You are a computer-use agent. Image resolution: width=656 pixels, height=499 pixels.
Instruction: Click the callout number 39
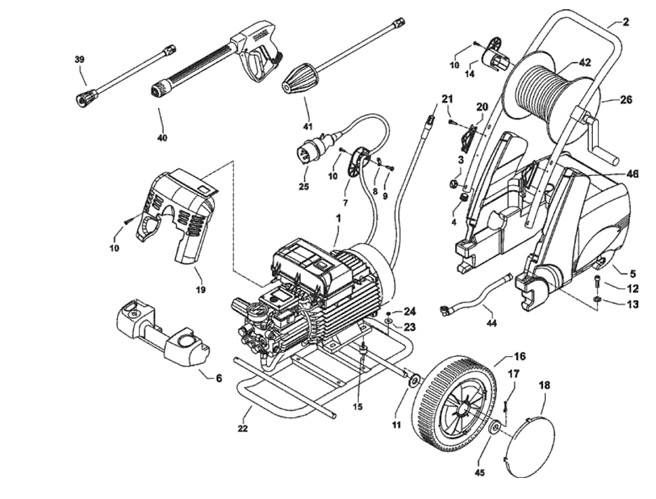click(x=79, y=60)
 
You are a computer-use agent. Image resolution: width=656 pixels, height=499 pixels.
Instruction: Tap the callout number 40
click(x=162, y=137)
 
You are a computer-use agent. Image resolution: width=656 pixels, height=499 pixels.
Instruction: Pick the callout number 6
click(x=219, y=378)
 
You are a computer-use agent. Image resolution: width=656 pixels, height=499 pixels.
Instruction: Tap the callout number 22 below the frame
click(x=242, y=428)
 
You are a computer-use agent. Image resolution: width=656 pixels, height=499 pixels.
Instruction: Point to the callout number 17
click(x=513, y=374)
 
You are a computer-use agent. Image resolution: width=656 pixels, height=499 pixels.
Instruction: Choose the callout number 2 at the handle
click(x=625, y=22)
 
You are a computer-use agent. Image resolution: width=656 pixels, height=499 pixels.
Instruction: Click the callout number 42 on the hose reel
click(x=585, y=62)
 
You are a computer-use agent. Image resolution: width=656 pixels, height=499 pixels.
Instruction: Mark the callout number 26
click(x=626, y=100)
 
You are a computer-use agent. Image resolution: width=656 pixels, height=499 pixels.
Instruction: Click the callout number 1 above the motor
click(x=339, y=218)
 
